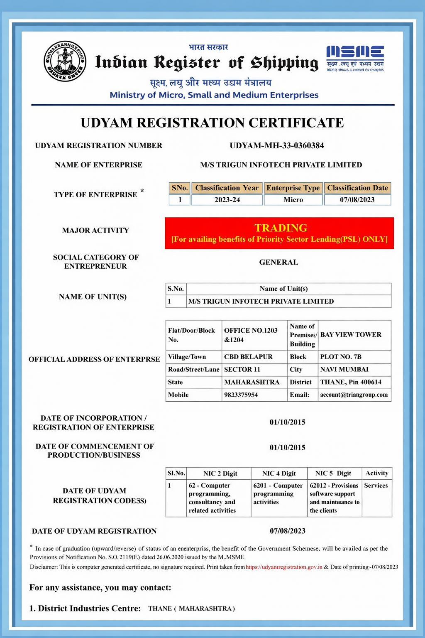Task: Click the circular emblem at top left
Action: click(65, 61)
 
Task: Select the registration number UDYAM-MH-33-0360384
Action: click(277, 145)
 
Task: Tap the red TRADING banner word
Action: click(281, 228)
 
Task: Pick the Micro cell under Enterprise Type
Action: click(293, 200)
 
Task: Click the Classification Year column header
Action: click(227, 188)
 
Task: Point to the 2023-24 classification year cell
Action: click(227, 200)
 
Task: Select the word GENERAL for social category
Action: click(278, 262)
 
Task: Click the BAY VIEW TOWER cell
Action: click(351, 334)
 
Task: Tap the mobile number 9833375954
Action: click(241, 395)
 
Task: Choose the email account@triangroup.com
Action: click(354, 395)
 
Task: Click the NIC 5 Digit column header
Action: click(333, 473)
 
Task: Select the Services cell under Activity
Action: click(376, 485)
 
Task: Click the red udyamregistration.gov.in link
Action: click(284, 567)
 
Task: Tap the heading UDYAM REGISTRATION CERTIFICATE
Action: click(212, 123)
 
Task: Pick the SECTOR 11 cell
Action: click(242, 369)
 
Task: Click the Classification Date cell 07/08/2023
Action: click(357, 200)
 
